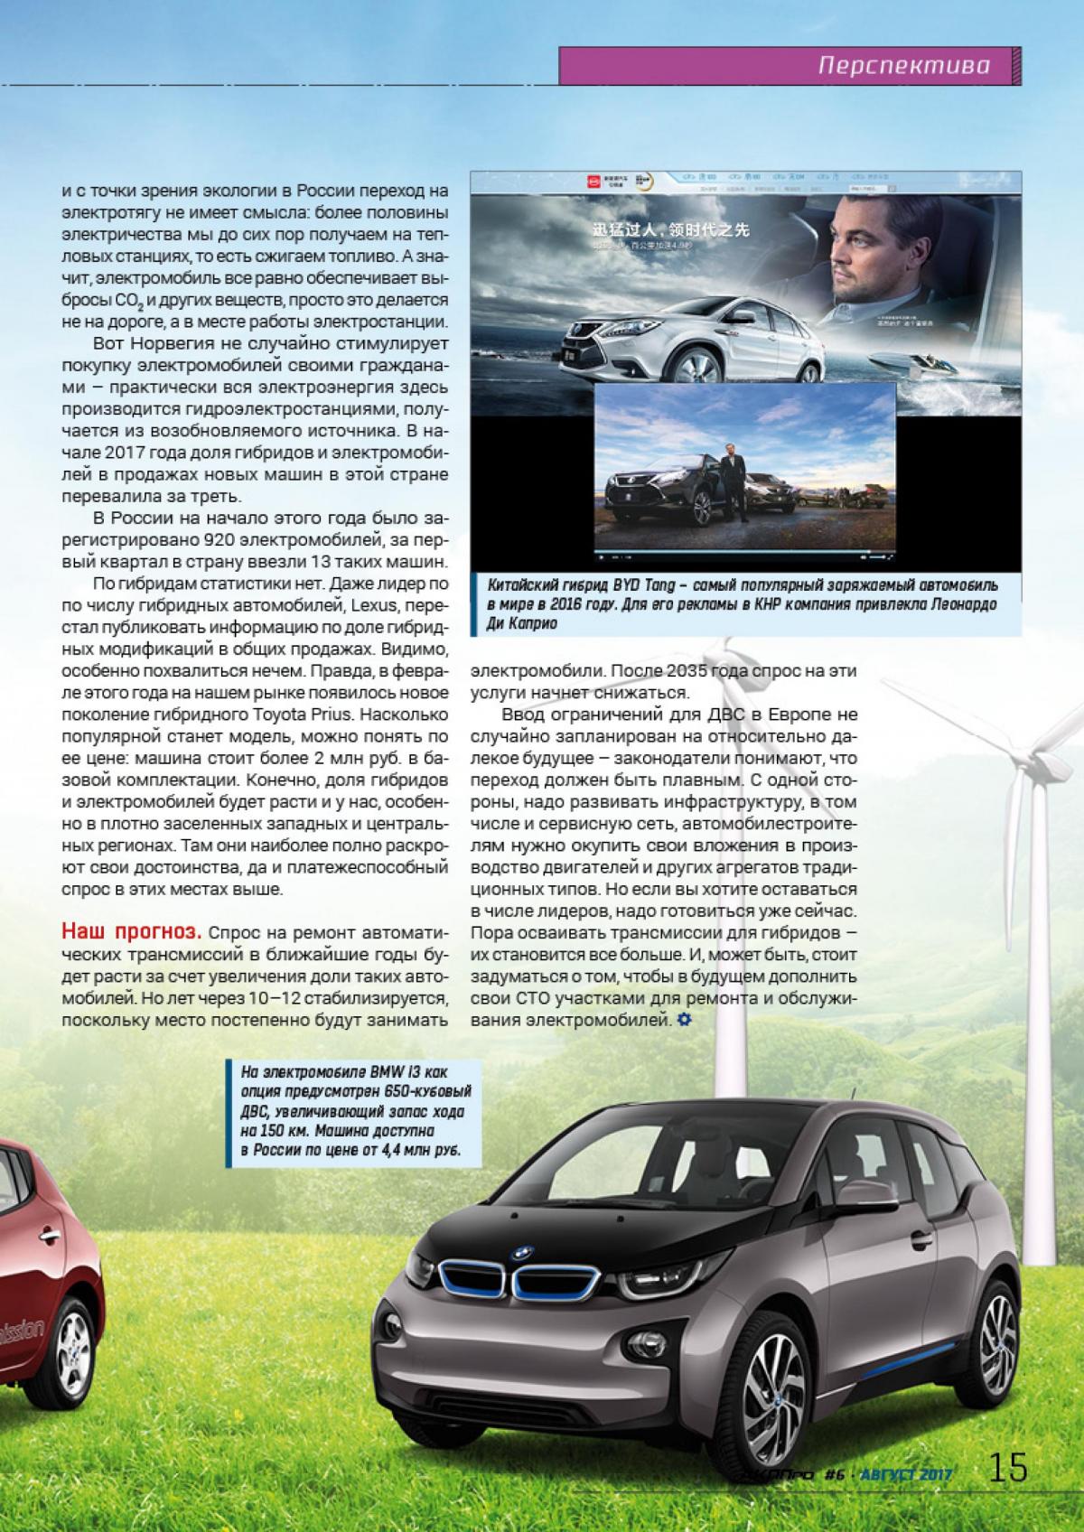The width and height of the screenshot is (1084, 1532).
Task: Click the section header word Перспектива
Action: [903, 66]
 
